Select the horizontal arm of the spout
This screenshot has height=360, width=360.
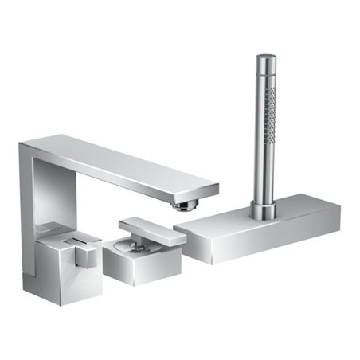[119, 163]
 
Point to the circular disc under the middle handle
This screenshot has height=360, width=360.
[131, 241]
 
